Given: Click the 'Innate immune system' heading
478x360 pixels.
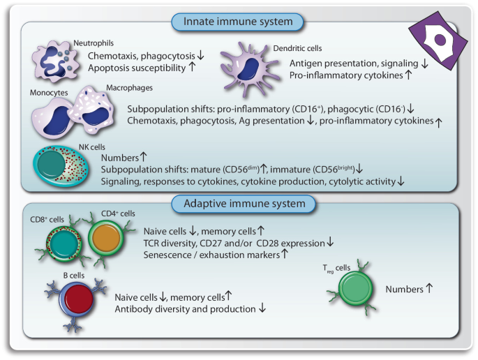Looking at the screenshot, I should tap(237, 22).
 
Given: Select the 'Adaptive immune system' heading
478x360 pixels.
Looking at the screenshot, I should tap(238, 204).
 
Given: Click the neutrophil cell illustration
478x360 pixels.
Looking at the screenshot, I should tap(59, 61).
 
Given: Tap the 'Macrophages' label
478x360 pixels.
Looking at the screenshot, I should tap(129, 88).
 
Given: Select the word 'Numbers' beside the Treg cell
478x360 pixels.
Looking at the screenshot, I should tap(404, 288).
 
